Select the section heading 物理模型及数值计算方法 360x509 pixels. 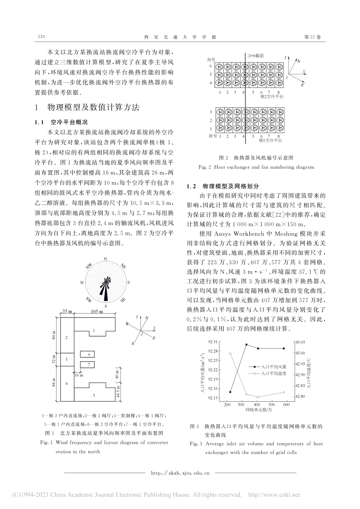[93, 108]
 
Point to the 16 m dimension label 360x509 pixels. [78, 375]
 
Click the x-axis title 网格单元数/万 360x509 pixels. [258, 410]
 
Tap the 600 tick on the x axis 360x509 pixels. [286, 404]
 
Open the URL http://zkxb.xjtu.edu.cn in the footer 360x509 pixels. [180, 473]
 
